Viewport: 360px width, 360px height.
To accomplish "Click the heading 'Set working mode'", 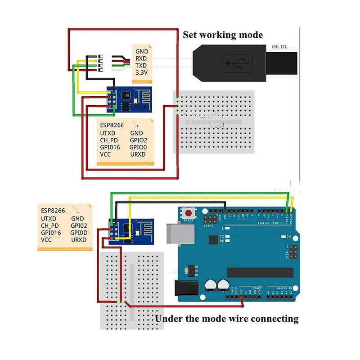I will [x=222, y=35].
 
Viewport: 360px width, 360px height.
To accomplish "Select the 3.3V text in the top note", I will [x=142, y=72].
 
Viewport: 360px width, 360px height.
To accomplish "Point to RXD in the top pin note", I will [x=141, y=58].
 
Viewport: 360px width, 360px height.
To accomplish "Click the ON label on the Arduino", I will [x=289, y=237].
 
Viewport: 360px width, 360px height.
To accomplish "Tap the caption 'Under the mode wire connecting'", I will [x=226, y=319].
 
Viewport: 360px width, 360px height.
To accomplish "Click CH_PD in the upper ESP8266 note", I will [x=109, y=140].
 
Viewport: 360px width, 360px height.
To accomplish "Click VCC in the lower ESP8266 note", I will [x=46, y=240].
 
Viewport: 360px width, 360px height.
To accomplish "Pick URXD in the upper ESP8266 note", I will [x=138, y=154].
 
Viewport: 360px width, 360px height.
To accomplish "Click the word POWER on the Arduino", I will [x=257, y=288].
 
